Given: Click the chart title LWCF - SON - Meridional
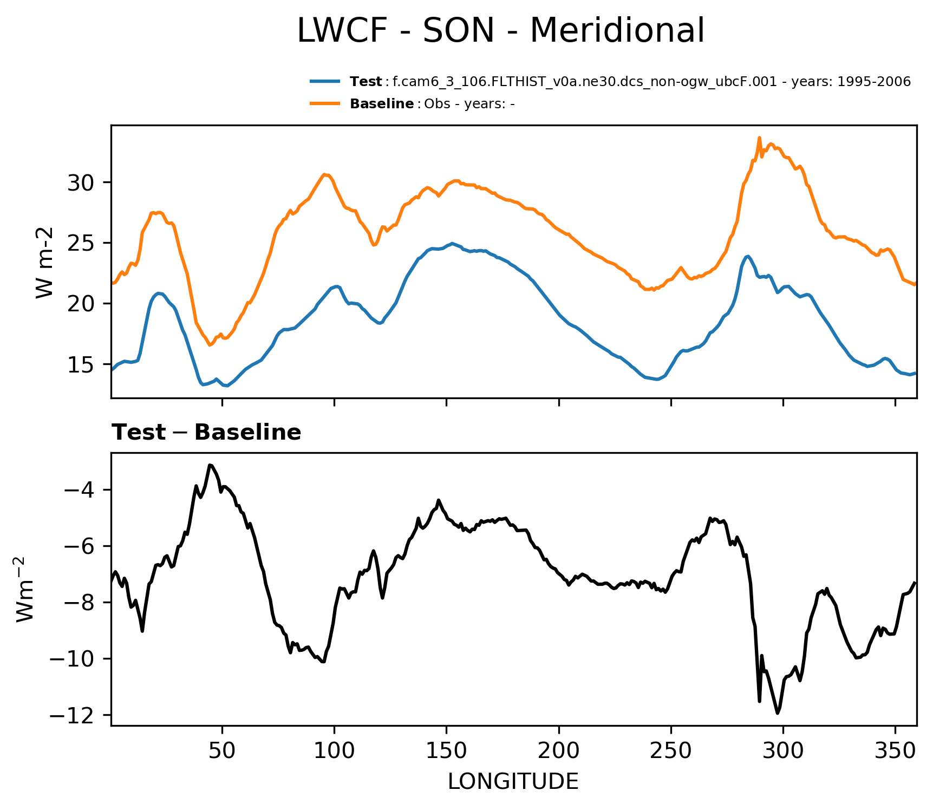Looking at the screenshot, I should point(501,31).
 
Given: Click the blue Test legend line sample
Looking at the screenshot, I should point(325,82).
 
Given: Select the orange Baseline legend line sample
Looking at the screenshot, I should point(325,103).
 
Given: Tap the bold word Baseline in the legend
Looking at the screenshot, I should point(382,104).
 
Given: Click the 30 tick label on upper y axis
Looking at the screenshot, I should point(81,183).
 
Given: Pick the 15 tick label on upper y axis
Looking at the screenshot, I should point(81,365).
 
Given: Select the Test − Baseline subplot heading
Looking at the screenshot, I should point(206,433).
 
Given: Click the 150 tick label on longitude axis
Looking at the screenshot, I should point(446,751).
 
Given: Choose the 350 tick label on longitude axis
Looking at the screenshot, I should point(895,751).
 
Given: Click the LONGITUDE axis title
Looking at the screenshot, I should point(513,782).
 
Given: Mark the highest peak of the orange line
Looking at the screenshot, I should point(759,138).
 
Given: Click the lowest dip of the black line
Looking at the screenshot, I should point(778,713).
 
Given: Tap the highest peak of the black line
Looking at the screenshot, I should point(210,465).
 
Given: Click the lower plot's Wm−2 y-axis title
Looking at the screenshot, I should point(26,589).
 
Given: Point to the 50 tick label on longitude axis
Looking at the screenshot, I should point(222,751).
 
